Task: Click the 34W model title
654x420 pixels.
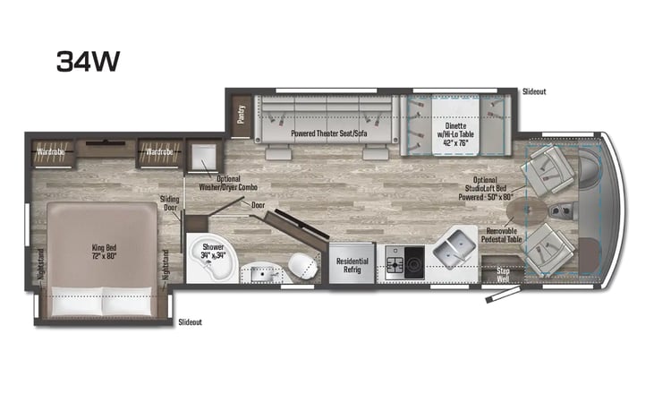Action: (88, 61)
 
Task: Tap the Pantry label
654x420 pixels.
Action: (241, 115)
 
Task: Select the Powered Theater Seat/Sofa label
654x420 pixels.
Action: (329, 133)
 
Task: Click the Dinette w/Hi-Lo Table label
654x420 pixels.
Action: (455, 134)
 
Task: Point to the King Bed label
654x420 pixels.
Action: (104, 252)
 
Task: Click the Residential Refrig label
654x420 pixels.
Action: (352, 265)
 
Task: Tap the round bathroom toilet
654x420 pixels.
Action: (302, 266)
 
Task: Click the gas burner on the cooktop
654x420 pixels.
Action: (395, 264)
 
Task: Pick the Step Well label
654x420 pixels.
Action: (503, 275)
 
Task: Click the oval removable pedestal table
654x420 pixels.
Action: (526, 210)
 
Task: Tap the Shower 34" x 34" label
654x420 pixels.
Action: (213, 251)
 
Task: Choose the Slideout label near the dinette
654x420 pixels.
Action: (534, 91)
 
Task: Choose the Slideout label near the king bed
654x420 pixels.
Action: (190, 321)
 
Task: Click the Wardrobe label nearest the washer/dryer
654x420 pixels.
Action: (159, 151)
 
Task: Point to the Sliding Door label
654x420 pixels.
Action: (169, 203)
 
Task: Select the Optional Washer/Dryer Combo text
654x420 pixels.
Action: (228, 183)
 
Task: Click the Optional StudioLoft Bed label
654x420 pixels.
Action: (485, 188)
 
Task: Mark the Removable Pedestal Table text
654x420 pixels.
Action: (501, 235)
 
